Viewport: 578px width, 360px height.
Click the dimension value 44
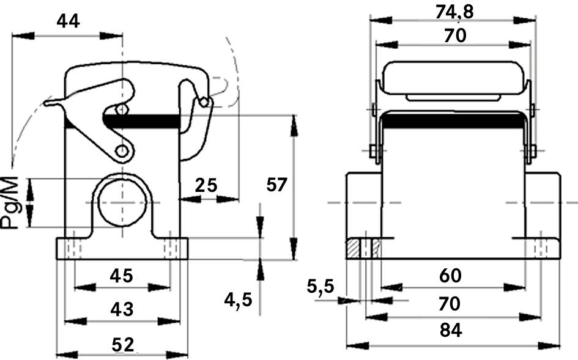click(x=68, y=21)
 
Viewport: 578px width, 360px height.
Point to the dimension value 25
click(x=206, y=184)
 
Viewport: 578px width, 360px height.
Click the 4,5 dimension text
click(x=239, y=299)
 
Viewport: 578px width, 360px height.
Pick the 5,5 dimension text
click(x=320, y=285)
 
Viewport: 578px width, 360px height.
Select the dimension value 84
click(x=452, y=331)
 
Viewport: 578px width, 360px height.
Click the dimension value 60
click(x=452, y=276)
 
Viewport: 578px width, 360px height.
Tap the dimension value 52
click(x=122, y=344)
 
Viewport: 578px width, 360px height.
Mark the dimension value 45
click(x=121, y=276)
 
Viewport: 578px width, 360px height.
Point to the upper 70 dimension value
click(x=455, y=36)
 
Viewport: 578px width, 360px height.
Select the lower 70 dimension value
click(x=452, y=303)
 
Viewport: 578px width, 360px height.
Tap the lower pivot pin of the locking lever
click(x=123, y=150)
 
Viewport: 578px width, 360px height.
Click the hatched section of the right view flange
click(x=354, y=248)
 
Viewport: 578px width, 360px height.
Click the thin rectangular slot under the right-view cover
click(x=452, y=97)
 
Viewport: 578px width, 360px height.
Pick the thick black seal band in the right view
click(x=452, y=120)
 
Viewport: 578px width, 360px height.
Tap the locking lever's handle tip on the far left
click(x=48, y=103)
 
